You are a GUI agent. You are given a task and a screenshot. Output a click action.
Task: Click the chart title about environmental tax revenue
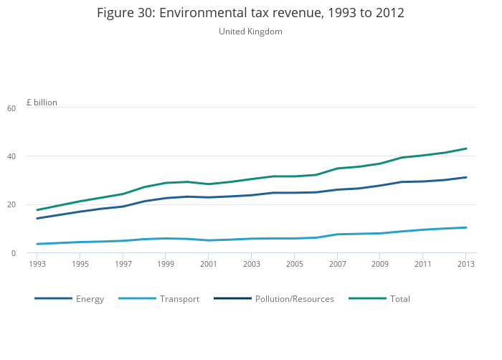[250, 13]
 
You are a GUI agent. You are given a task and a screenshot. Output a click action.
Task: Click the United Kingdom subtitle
[250, 32]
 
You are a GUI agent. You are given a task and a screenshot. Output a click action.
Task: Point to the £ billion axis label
[42, 103]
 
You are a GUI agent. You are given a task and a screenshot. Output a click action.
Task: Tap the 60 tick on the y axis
[31, 108]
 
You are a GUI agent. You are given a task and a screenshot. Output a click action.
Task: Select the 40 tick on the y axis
[31, 156]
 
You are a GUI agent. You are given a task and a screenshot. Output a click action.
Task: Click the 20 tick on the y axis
[31, 204]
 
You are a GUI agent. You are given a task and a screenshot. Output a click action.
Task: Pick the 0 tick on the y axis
[33, 253]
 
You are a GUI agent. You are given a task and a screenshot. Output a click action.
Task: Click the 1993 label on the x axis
[37, 264]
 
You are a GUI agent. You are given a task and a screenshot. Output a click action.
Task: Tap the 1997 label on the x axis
[123, 264]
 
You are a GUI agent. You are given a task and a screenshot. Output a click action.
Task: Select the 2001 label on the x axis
[209, 264]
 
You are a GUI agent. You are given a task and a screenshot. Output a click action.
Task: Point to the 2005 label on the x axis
[294, 264]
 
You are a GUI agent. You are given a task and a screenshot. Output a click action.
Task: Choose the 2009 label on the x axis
[380, 264]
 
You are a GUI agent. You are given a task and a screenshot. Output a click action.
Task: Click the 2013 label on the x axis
[465, 264]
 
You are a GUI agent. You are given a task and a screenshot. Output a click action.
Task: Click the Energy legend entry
[90, 299]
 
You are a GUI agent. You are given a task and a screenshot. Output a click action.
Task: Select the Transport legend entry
[179, 299]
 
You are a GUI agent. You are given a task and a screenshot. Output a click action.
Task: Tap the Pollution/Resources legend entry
[294, 299]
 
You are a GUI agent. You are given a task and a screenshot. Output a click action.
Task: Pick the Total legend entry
[399, 299]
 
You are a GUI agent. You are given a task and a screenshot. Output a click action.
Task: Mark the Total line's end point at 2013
[466, 148]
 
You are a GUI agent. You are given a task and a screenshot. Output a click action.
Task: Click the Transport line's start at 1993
[37, 244]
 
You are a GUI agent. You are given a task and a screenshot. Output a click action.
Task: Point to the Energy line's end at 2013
[466, 177]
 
